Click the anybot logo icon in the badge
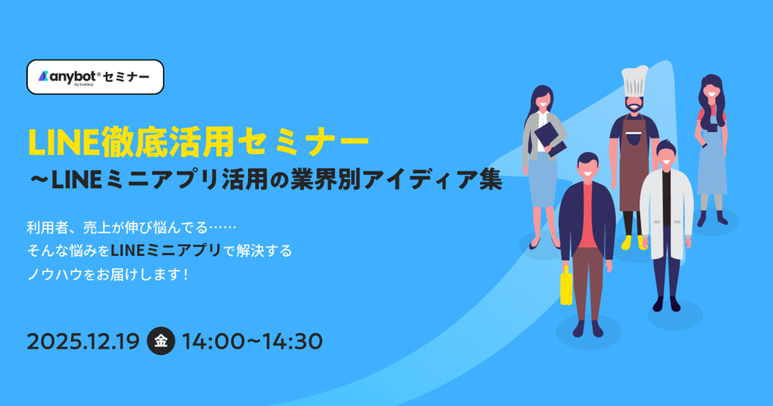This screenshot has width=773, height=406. (43, 77)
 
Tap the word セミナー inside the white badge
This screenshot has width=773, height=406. (126, 77)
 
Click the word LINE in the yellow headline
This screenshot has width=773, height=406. (63, 142)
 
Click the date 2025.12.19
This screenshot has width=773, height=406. (83, 341)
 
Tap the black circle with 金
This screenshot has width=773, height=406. (161, 341)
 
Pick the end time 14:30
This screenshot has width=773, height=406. (292, 341)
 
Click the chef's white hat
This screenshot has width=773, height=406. (635, 81)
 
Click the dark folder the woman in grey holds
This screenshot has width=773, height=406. (549, 138)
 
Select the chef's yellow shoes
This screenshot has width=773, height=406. (634, 242)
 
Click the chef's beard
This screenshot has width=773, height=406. (635, 106)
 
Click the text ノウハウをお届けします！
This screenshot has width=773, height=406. (108, 275)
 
